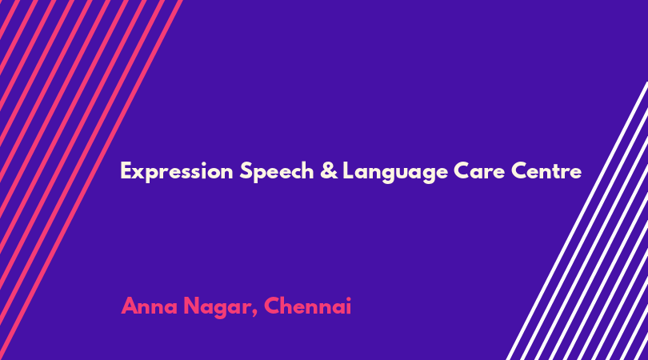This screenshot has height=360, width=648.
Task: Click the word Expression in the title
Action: pyautogui.click(x=177, y=171)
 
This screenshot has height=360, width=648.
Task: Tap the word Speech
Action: pyautogui.click(x=277, y=171)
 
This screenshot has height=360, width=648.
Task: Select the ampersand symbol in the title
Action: pyautogui.click(x=329, y=170)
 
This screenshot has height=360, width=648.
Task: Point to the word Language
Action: pyautogui.click(x=395, y=172)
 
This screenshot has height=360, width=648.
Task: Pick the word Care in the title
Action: pyautogui.click(x=479, y=170)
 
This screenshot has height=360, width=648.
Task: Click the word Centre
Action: pyautogui.click(x=546, y=170)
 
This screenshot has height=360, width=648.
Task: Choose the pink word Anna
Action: pyautogui.click(x=149, y=306)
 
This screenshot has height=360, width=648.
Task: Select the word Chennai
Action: pyautogui.click(x=307, y=306)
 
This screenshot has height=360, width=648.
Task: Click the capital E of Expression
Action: pyautogui.click(x=126, y=170)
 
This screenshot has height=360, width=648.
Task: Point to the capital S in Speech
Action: pyautogui.click(x=246, y=170)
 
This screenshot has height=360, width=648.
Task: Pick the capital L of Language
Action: pyautogui.click(x=348, y=170)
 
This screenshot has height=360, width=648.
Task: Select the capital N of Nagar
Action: pyautogui.click(x=191, y=306)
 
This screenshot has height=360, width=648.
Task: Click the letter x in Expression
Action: pyautogui.click(x=139, y=174)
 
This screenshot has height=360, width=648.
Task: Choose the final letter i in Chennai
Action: pyautogui.click(x=348, y=306)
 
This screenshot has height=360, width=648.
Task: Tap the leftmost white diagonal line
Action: pyautogui.click(x=577, y=221)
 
